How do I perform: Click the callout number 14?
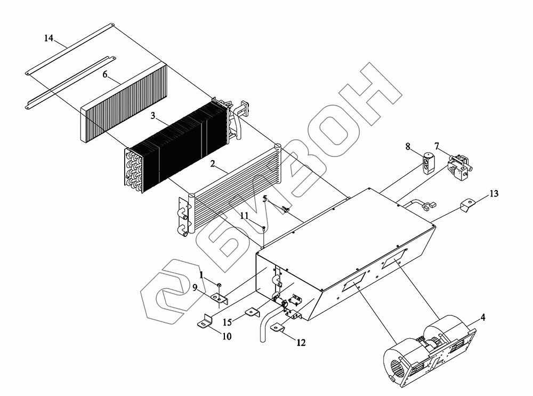click(49, 39)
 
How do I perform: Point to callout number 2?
click(212, 165)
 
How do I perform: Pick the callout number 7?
click(437, 146)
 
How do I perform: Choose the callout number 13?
click(494, 194)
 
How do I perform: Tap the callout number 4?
click(482, 318)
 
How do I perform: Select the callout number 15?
click(228, 322)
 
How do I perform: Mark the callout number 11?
click(244, 216)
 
